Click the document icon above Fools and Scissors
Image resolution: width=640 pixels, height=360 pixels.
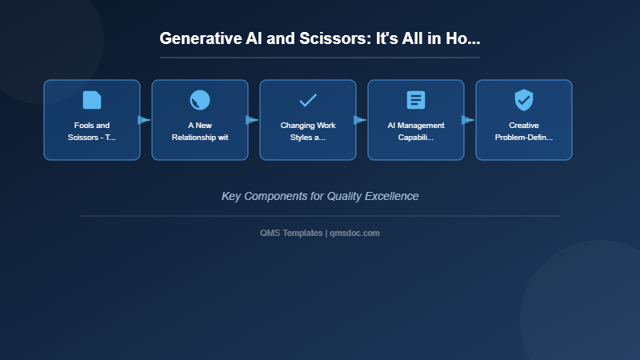point(92,100)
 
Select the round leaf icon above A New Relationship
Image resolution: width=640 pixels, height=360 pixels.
point(200,100)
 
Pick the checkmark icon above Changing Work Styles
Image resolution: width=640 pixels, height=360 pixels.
point(308,100)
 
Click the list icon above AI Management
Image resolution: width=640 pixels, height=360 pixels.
point(416,100)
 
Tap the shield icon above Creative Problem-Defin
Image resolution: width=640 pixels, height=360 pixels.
point(524,100)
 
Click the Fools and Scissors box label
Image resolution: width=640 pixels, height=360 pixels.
point(92,131)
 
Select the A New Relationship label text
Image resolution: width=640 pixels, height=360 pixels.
point(200,131)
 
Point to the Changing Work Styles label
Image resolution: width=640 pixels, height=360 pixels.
point(308,131)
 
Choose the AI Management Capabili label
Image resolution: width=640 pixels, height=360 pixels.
point(416,131)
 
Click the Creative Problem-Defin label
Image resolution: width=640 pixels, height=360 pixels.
point(524,131)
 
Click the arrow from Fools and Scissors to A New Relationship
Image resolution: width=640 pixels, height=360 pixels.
point(144,120)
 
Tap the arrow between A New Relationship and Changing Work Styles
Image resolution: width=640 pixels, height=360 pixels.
point(252,120)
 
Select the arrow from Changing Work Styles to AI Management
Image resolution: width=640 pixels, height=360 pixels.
point(360,120)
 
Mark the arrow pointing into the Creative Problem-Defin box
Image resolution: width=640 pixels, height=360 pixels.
point(468,120)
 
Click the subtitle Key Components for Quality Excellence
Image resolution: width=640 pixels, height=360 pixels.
point(320,196)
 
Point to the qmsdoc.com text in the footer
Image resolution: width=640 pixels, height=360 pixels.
point(354,233)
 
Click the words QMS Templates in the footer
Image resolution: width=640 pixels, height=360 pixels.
point(291,233)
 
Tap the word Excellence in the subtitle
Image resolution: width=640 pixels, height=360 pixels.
point(391,196)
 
